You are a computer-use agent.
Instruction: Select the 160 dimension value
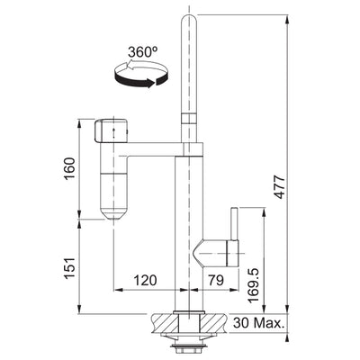[73, 169]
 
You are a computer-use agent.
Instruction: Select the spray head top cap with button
[112, 131]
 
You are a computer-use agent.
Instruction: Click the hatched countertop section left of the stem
[166, 320]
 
